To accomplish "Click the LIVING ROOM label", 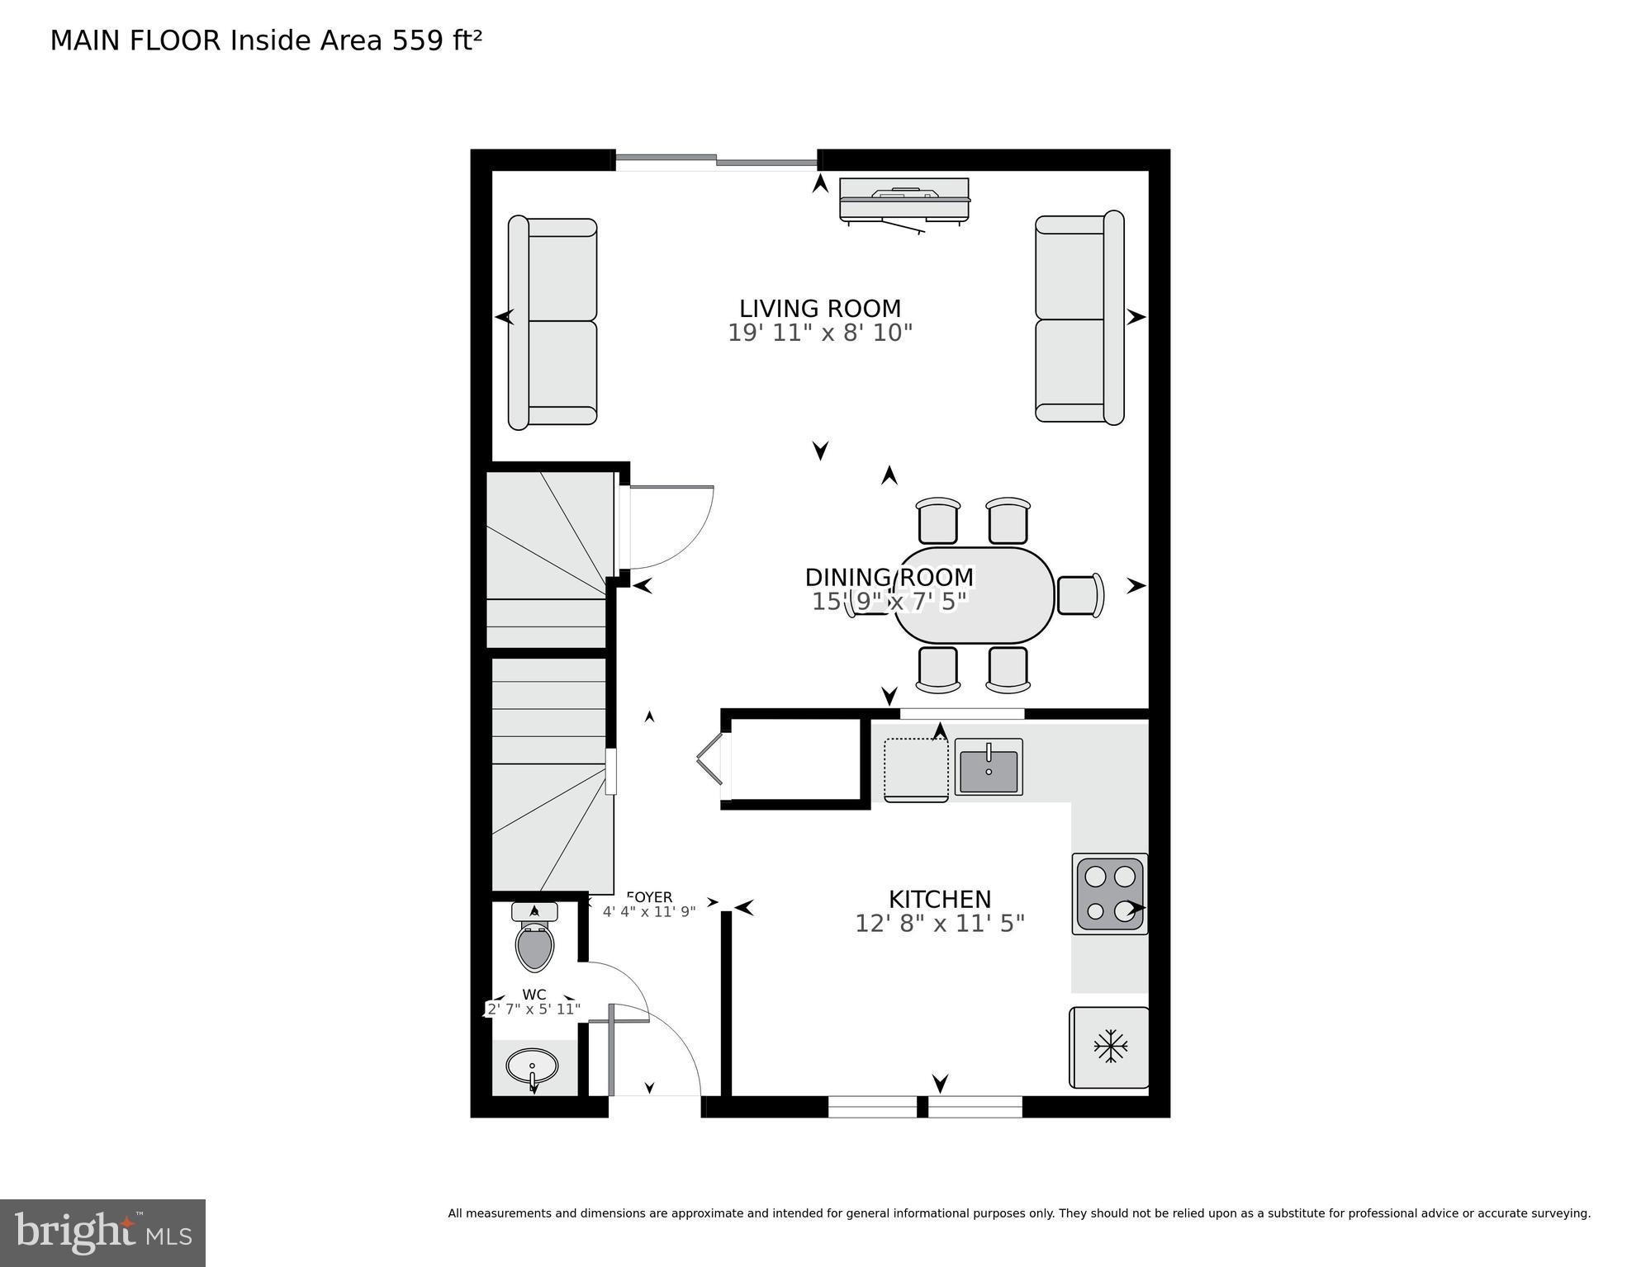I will (819, 309).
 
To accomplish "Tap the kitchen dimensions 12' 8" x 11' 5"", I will (939, 924).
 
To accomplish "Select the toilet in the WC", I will (534, 941).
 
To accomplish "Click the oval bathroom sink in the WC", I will (533, 1067).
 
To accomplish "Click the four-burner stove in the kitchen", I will (1109, 893).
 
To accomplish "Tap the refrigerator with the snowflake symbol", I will (1109, 1047).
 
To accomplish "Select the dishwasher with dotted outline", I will (916, 769).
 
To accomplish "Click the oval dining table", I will (975, 594).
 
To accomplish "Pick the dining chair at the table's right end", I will (1079, 594).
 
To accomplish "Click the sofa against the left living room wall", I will (553, 322).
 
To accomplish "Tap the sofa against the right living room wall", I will (1079, 319).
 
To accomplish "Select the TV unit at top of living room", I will (904, 201).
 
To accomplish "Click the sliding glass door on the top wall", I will (716, 161).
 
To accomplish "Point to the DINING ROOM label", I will (889, 577).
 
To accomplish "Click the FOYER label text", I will (650, 897).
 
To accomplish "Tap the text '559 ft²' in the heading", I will (437, 40).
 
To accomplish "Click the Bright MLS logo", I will (102, 1232).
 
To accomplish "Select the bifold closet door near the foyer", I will (710, 759).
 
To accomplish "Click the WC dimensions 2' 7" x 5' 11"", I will (534, 1009).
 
